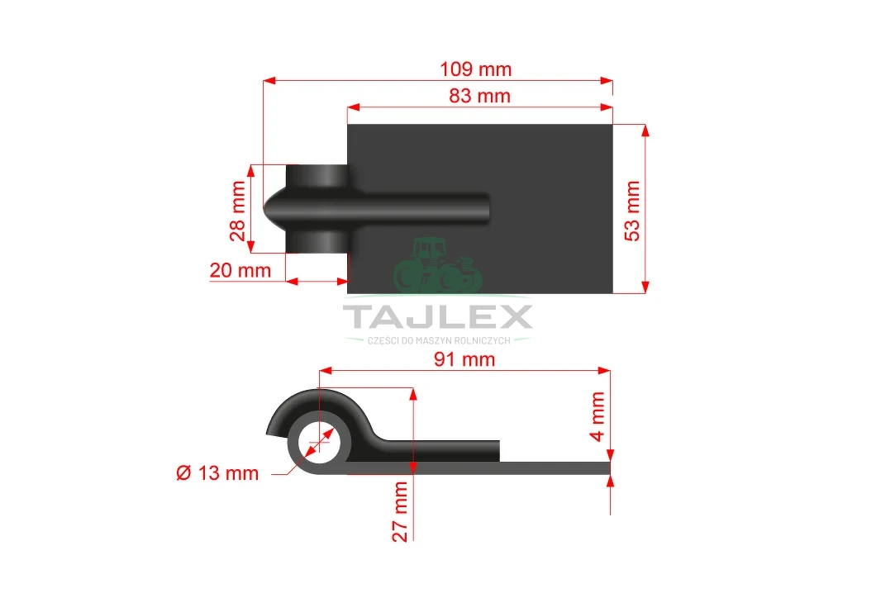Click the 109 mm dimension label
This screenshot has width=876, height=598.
475,69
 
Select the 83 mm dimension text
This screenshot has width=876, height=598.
480,96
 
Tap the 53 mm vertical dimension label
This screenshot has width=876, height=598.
632,211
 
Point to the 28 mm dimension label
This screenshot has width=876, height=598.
237,211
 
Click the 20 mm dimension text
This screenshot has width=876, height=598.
240,270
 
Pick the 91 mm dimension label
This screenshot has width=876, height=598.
464,359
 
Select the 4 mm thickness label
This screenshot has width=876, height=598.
597,416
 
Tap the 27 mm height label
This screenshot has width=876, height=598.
400,511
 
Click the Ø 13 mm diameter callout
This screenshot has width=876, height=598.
217,473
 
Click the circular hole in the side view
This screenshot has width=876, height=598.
319,444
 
